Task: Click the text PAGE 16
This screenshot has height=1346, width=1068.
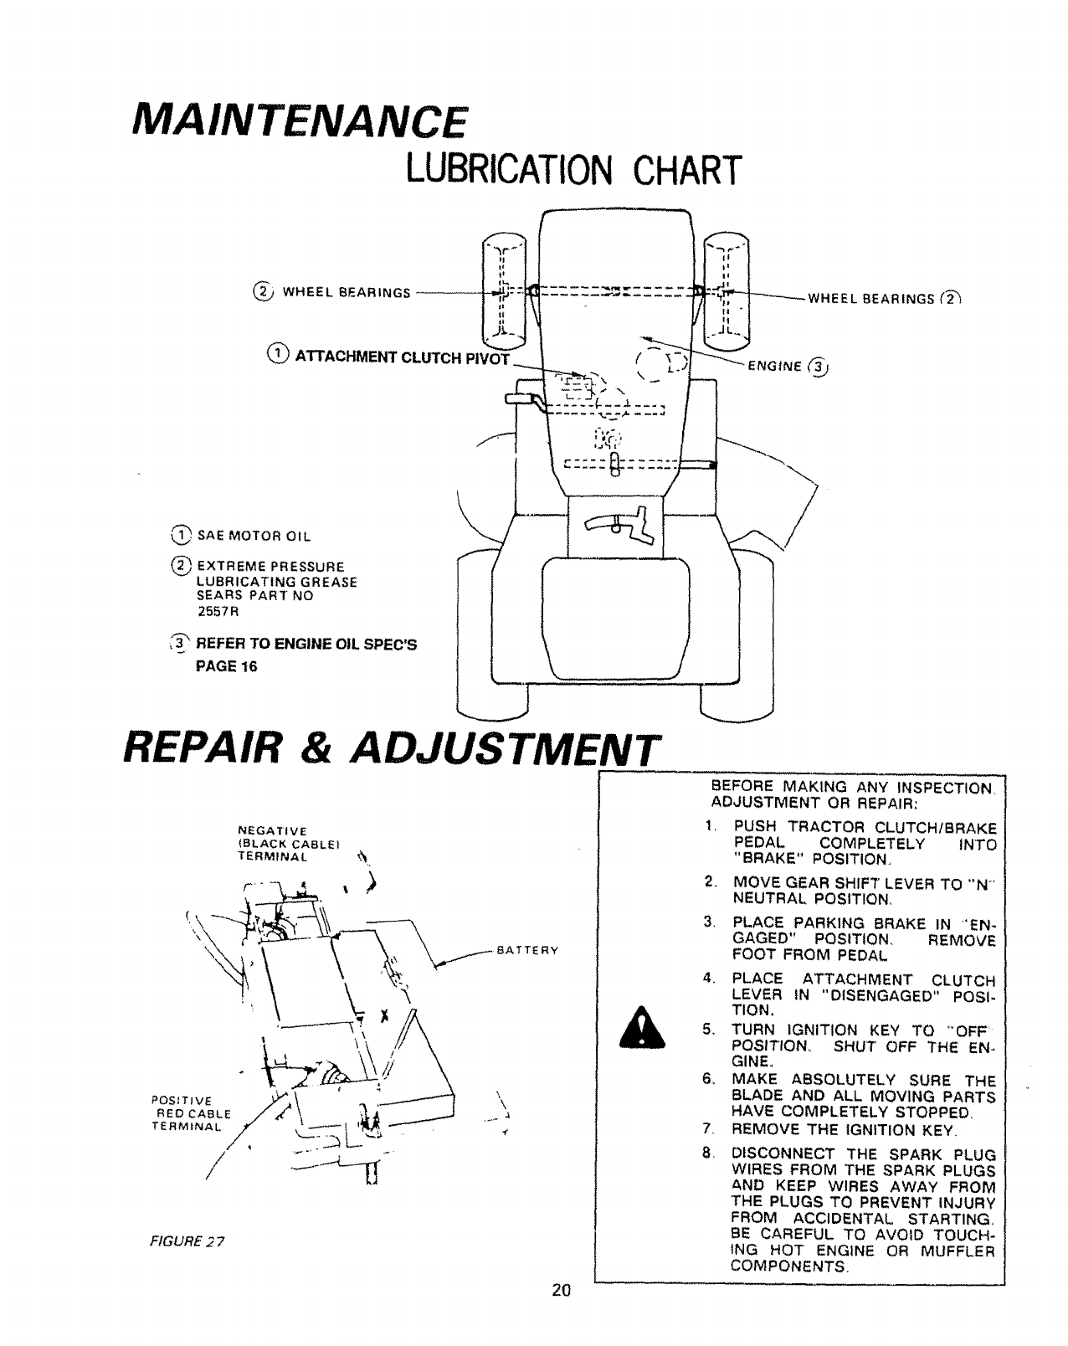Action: pyautogui.click(x=226, y=666)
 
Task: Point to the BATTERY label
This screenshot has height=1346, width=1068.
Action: pyautogui.click(x=527, y=951)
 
